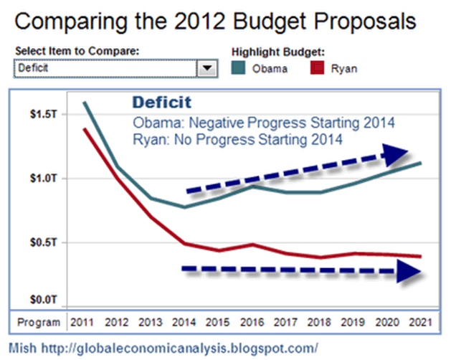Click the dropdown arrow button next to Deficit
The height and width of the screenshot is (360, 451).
pos(207,69)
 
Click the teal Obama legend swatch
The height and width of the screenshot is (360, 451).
pos(240,69)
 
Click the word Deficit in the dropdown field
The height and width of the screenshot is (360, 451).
pos(32,69)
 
